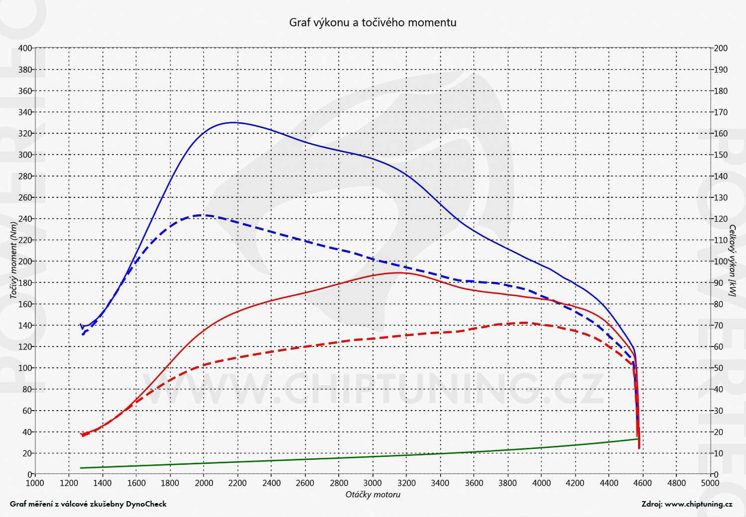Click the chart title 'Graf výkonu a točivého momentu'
pyautogui.click(x=373, y=22)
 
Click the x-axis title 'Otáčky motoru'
pyautogui.click(x=373, y=495)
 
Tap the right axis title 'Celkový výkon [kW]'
pyautogui.click(x=732, y=260)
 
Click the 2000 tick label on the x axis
pyautogui.click(x=203, y=483)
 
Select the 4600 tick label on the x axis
pyautogui.click(x=643, y=483)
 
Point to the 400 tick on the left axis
pyautogui.click(x=25, y=48)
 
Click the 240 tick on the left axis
pyautogui.click(x=25, y=219)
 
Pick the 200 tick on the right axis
pyautogui.click(x=721, y=48)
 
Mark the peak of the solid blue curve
pyautogui.click(x=232, y=122)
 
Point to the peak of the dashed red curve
pyautogui.click(x=524, y=323)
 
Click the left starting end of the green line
pyautogui.click(x=81, y=468)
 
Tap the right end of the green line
pyautogui.click(x=638, y=439)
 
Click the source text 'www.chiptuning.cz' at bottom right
pyautogui.click(x=698, y=504)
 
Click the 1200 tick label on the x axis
pyautogui.click(x=68, y=483)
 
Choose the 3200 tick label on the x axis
pyautogui.click(x=406, y=483)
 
